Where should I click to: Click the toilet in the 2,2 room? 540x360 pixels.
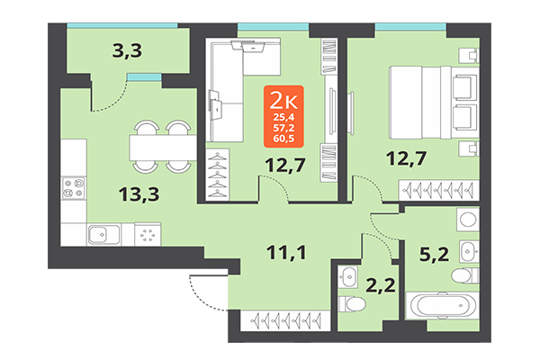point(347,292)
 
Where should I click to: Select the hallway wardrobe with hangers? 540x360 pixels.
point(289,319)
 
